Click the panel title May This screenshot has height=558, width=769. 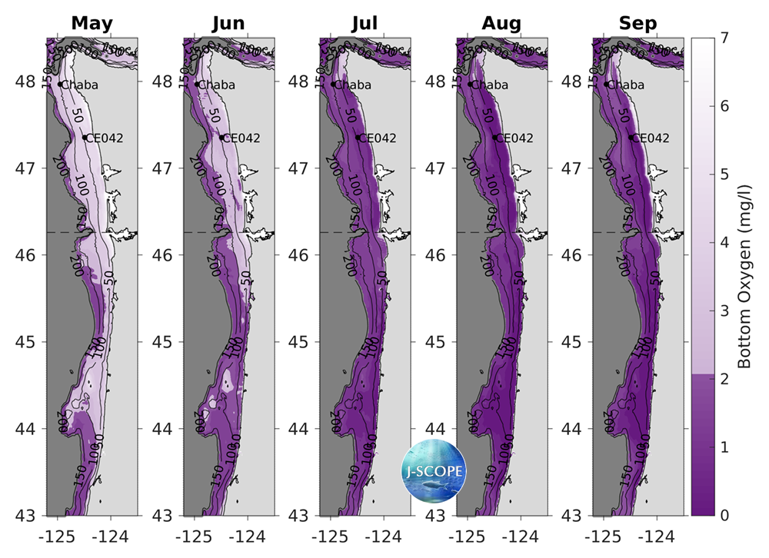[x=92, y=24]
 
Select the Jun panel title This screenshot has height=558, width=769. [x=228, y=24]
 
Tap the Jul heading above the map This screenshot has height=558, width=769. [x=365, y=24]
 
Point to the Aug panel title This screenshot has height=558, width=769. [x=501, y=24]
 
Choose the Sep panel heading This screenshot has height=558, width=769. [x=638, y=24]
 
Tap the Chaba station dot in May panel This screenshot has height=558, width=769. [x=60, y=84]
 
